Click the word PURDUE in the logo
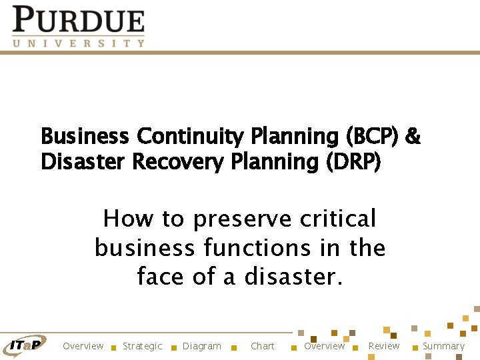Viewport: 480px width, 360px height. pos(78,20)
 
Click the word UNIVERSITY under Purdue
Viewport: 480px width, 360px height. pos(78,43)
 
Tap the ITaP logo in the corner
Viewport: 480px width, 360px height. pos(25,344)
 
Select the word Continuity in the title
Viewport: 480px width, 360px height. pos(191,137)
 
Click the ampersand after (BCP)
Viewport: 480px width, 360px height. pos(413,137)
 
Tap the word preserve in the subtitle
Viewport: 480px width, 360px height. pos(242,219)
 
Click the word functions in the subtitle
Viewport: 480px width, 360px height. pos(257,248)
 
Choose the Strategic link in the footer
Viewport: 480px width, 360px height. pos(142,346)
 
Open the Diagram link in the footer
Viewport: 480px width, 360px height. pos(201,346)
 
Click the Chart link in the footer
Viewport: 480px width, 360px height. pos(262,346)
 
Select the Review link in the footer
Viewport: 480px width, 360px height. pos(384,346)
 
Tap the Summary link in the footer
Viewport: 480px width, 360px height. pos(443,346)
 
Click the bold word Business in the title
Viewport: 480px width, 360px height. pos(85,137)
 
